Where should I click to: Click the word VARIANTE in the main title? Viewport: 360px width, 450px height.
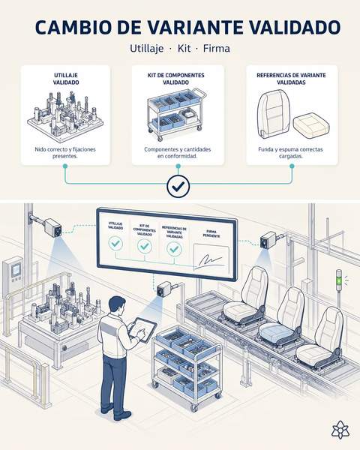point(196,27)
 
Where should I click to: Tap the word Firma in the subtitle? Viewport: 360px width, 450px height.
point(217,48)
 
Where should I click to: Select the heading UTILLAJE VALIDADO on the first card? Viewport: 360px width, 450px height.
point(66,79)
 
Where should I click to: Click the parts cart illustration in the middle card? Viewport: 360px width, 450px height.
point(176,114)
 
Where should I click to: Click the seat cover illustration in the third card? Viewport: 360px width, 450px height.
point(274,114)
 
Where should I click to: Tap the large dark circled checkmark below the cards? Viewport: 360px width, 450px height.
point(178,187)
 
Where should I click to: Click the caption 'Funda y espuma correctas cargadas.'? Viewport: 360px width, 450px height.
point(290,153)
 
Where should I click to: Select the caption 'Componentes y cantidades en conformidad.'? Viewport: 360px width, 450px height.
point(178,153)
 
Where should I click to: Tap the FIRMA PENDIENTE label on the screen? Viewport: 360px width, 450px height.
point(211,233)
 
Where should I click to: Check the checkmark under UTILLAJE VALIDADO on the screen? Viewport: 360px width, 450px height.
point(115,243)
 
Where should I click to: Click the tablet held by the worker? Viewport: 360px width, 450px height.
point(143,330)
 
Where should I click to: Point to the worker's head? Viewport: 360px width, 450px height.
point(118,306)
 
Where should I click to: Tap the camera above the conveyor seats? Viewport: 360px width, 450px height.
point(268,240)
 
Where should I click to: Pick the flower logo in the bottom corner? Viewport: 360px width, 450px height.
point(340,430)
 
